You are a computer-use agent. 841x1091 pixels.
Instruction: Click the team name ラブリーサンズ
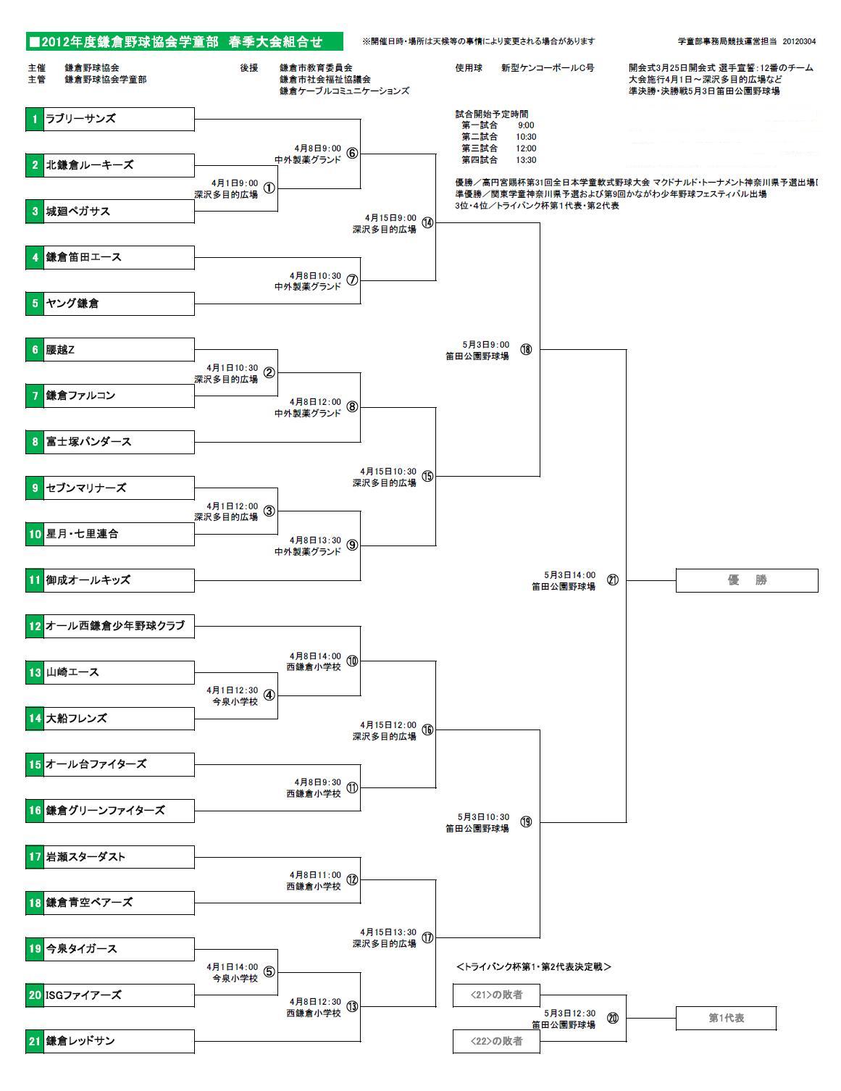(80, 119)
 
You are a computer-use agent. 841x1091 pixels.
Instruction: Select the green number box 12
(35, 626)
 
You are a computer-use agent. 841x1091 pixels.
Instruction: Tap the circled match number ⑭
(427, 223)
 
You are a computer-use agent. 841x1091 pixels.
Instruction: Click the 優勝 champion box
(746, 580)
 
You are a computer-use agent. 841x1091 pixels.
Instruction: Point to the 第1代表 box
(726, 1018)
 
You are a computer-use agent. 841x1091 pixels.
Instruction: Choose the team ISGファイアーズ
(83, 995)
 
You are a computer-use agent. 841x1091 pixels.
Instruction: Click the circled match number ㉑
(613, 580)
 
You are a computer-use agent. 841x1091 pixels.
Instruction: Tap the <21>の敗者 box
(497, 995)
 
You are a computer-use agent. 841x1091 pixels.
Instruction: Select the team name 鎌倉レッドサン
(80, 1041)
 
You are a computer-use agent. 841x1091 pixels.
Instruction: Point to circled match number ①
(269, 188)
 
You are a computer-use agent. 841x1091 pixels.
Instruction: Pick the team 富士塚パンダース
(88, 442)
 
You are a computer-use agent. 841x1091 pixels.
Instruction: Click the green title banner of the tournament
(184, 42)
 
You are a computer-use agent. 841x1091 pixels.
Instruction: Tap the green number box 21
(35, 1041)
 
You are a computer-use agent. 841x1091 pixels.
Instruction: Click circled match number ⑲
(526, 822)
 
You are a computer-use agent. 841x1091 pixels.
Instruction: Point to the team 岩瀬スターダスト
(85, 857)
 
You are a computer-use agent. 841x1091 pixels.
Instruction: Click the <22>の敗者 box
(497, 1041)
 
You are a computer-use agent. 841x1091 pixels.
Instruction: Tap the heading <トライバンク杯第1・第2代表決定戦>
(534, 966)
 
